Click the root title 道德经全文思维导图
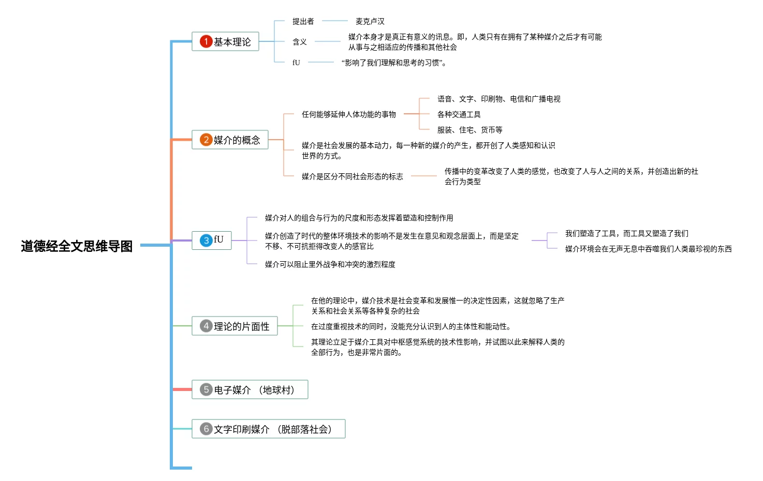pos(77,246)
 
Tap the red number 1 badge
pos(206,41)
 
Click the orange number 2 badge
pos(206,140)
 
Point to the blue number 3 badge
pos(206,240)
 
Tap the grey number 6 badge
pos(206,429)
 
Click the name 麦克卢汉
pos(370,21)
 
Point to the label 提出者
pos(303,21)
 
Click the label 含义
pos(299,42)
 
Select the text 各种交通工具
pos(459,114)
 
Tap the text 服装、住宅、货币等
pos(469,130)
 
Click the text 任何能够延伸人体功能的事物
pos(348,114)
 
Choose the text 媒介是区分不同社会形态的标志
pos(352,176)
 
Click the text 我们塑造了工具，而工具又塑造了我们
pos(626,233)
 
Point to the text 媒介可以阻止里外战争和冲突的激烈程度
pos(330,264)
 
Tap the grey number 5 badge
pos(206,389)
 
